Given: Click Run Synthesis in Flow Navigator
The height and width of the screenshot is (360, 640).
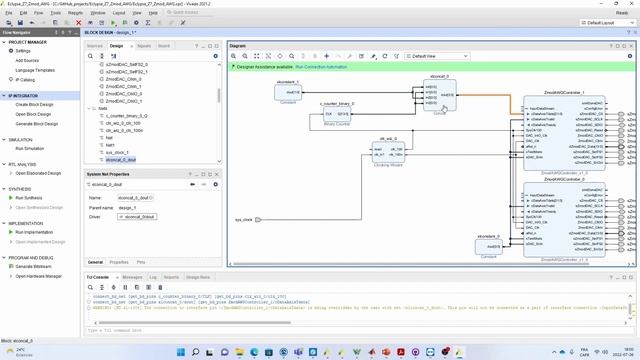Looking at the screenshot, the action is coord(29,198).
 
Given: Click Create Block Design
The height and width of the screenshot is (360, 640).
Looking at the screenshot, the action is coord(35,104).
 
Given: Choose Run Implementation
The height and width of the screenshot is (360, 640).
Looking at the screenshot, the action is coord(34,231).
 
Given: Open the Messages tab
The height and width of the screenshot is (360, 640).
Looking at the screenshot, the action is coord(132,276).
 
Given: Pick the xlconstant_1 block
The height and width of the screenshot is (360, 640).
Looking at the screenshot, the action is coord(287,92).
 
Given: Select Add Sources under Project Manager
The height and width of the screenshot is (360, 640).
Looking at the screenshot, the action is coord(28,60).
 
